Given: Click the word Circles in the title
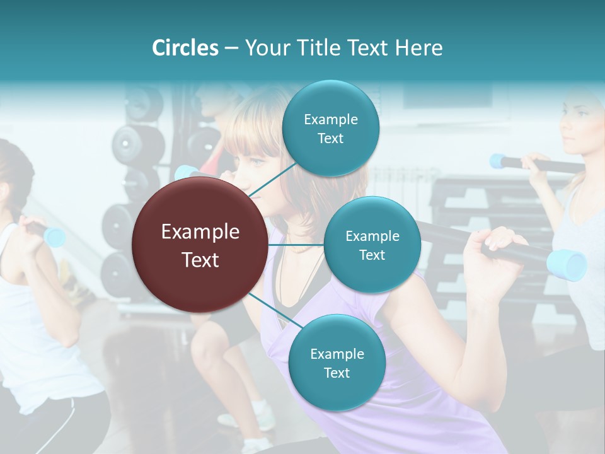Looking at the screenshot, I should [x=185, y=48].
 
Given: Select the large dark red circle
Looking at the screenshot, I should [x=200, y=245].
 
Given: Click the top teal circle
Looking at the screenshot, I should [x=330, y=128].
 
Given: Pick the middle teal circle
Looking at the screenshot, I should [x=372, y=245].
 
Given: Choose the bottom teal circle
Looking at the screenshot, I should [x=337, y=363].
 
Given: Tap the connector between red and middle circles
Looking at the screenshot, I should [x=296, y=245].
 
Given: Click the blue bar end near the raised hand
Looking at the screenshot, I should [x=567, y=265].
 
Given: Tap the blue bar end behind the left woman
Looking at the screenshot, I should [x=55, y=237].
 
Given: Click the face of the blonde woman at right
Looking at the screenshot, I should [x=577, y=123].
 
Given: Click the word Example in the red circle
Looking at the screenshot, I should [x=200, y=232].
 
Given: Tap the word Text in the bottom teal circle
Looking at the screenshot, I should [x=337, y=373].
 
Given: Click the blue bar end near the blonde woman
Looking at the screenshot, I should [x=499, y=161].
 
